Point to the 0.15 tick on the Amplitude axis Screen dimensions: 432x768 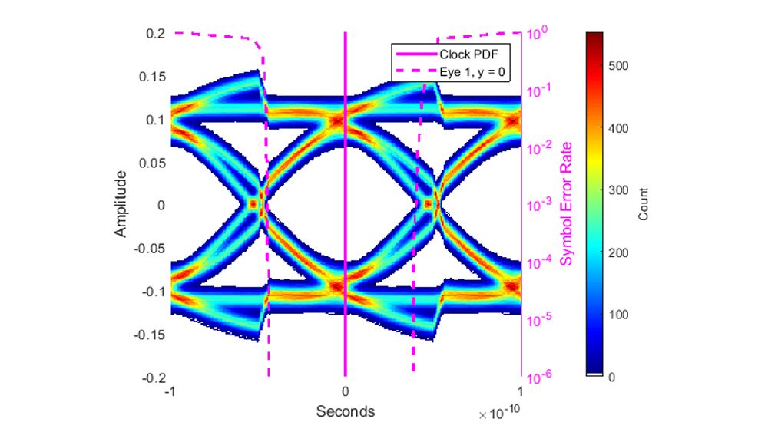[151, 77]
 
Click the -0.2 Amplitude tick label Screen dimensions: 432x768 [151, 378]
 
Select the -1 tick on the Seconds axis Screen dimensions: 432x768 [171, 391]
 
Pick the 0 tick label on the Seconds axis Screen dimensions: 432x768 [346, 391]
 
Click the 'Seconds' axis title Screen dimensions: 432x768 [346, 411]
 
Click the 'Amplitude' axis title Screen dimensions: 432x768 [121, 206]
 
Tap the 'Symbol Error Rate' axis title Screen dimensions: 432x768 [567, 206]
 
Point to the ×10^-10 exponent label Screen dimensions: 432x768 [501, 414]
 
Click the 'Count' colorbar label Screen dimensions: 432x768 [644, 204]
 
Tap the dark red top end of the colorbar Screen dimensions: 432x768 [594, 37]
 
